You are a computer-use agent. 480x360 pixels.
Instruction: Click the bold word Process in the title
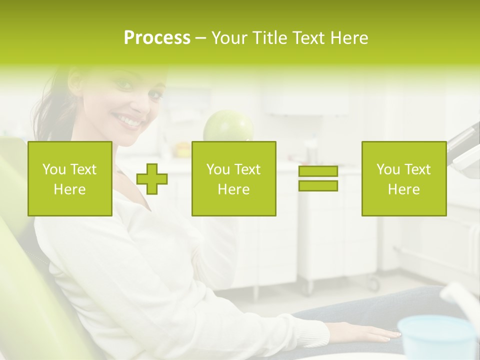point(157,38)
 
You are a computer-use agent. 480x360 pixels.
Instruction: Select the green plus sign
point(152,179)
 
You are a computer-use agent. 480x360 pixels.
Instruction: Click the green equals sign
point(318,178)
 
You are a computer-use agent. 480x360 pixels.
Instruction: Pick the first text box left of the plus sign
point(69,178)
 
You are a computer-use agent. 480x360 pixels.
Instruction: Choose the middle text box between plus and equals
point(233,178)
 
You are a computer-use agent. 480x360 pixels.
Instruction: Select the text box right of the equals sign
point(403,178)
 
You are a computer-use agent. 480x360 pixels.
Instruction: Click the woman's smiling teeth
point(129,120)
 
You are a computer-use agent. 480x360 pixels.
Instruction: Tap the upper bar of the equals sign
point(318,171)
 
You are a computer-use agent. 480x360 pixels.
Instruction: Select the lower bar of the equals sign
point(318,186)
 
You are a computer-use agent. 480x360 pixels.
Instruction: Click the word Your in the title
point(229,38)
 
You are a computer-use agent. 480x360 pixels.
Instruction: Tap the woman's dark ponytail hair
point(47,115)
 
